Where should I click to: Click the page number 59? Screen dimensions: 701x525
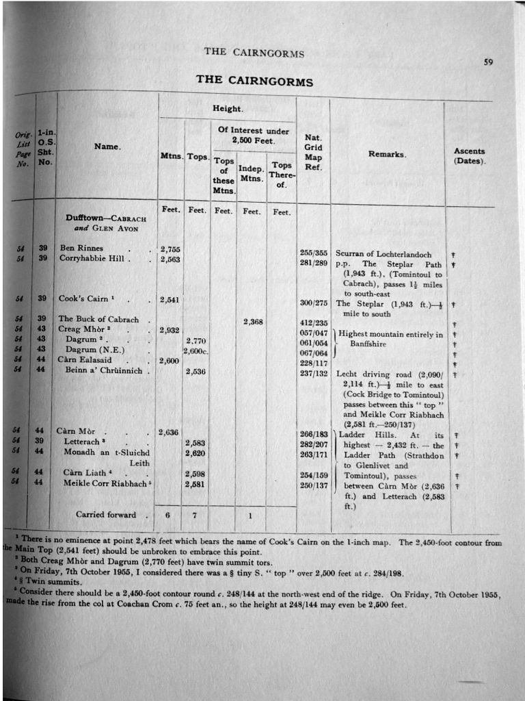point(488,62)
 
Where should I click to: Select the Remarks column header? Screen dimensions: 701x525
point(387,154)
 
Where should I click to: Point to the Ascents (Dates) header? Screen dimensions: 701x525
point(469,156)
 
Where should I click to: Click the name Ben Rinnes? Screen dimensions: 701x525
point(81,248)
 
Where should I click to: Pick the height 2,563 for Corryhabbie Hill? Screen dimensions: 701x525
point(170,259)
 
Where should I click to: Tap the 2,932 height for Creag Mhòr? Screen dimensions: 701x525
point(170,331)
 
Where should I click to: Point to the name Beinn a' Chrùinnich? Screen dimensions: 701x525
point(104,370)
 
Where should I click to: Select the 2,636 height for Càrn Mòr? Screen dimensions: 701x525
point(168,432)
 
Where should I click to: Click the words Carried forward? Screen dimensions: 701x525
point(105,515)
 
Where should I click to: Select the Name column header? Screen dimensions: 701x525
point(107,146)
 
